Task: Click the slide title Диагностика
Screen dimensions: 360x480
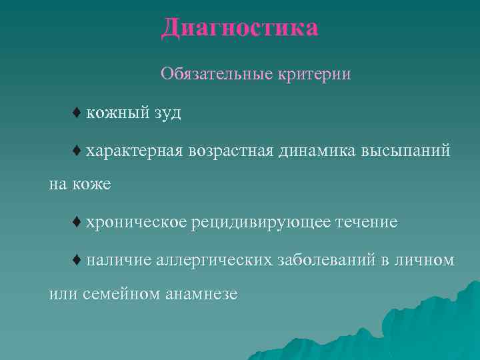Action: (240, 28)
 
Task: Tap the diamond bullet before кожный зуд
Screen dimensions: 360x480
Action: (77, 113)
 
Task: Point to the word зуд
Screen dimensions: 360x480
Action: (167, 113)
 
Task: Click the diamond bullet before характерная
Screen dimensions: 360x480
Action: (77, 151)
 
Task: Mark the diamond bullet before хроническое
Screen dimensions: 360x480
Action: (77, 221)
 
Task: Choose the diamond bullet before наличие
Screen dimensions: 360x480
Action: (77, 259)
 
